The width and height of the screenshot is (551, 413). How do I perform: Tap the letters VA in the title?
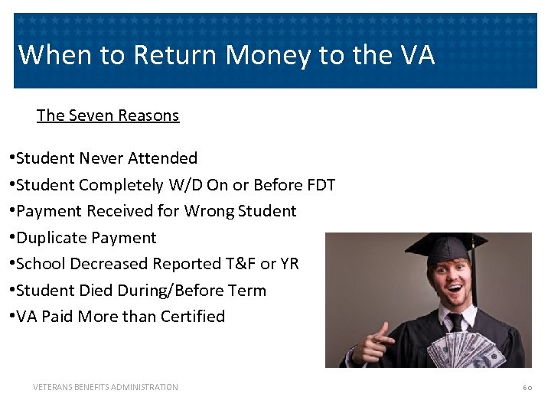pos(416,55)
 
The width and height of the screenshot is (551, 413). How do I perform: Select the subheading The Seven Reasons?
pos(108,115)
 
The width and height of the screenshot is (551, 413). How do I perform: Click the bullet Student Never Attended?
pos(106,158)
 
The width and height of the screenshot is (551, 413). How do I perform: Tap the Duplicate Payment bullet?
pos(86,238)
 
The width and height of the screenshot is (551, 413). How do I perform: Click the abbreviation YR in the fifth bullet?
pos(289,264)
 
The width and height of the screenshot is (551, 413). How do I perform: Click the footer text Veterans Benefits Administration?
pos(106,387)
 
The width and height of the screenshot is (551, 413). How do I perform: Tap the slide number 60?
pos(527,388)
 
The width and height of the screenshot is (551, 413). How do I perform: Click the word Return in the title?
pos(168,55)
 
